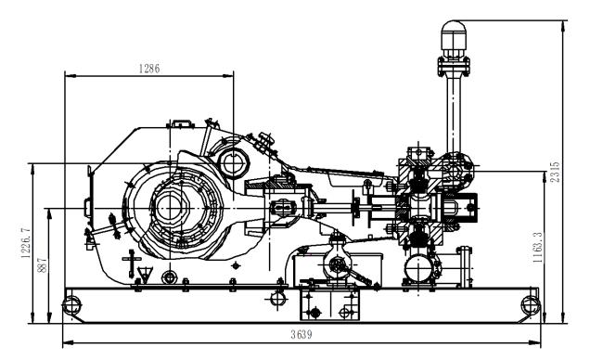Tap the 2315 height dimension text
click(556, 172)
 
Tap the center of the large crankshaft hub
click(172, 206)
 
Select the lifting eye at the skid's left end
click(68, 302)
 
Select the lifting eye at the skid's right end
click(530, 302)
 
